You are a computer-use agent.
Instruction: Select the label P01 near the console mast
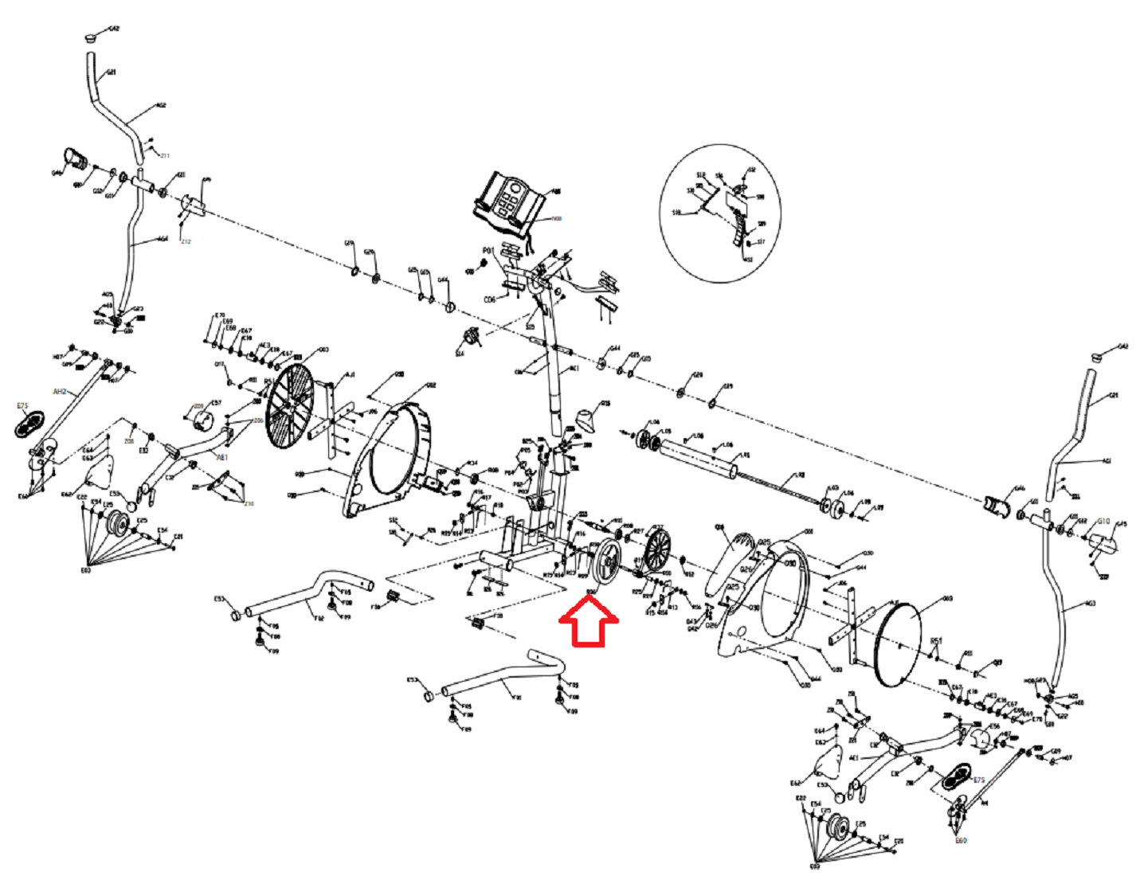(488, 251)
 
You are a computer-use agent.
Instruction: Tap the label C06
(489, 299)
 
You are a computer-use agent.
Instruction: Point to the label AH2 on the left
(60, 392)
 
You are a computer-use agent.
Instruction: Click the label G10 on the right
(1103, 522)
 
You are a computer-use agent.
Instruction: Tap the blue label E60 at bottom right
(961, 841)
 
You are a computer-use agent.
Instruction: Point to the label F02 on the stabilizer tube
(319, 617)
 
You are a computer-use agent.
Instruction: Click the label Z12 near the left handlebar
(186, 241)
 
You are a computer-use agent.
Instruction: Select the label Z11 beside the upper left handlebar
(165, 155)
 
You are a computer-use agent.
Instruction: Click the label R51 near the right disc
(936, 640)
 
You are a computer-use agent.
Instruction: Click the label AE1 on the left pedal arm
(222, 458)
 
